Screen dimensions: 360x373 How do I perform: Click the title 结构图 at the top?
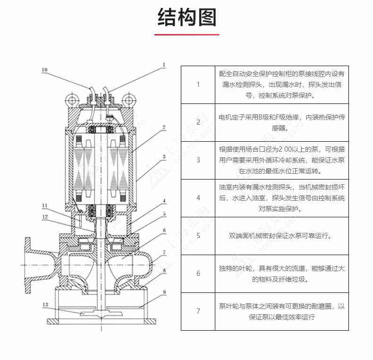point(186,17)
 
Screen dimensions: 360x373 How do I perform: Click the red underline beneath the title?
point(186,34)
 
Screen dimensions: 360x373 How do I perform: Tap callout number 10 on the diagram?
point(44,70)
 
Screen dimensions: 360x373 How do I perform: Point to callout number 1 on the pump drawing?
point(164,65)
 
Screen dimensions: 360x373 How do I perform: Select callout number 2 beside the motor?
point(163,127)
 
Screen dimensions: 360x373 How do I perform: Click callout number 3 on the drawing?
point(163,156)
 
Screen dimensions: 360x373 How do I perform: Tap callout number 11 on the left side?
point(44,206)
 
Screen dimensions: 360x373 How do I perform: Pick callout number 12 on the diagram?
point(44,216)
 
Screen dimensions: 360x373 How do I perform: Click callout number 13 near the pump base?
point(44,305)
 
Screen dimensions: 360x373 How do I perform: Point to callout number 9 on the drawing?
point(164,292)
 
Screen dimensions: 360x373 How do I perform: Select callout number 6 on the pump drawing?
point(164,230)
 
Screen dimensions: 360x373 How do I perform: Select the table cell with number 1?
point(198,85)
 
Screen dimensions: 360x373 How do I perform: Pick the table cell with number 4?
point(198,198)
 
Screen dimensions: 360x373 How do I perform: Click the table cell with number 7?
point(198,311)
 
